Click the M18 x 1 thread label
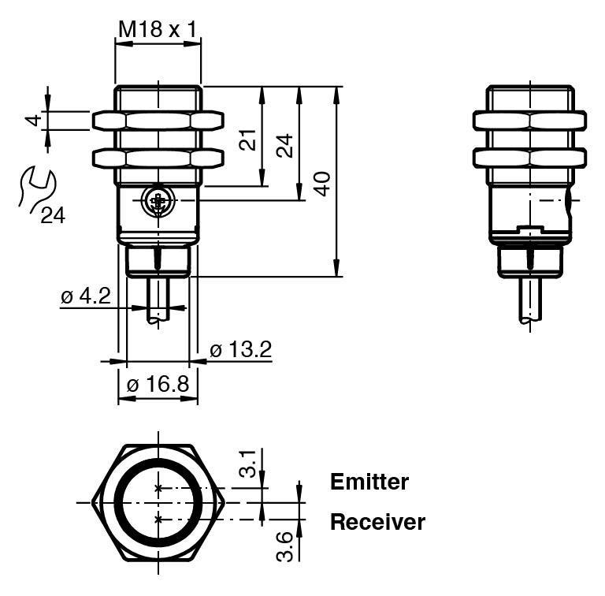click(158, 30)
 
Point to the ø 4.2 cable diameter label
click(86, 297)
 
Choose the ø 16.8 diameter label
click(158, 385)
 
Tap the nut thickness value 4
click(32, 120)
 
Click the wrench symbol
click(36, 187)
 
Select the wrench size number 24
click(53, 215)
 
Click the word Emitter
click(369, 482)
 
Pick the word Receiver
click(377, 522)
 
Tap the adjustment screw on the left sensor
click(158, 202)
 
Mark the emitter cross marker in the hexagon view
click(158, 488)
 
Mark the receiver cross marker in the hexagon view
click(158, 518)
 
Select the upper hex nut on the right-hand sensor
click(529, 120)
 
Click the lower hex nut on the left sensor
click(158, 158)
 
